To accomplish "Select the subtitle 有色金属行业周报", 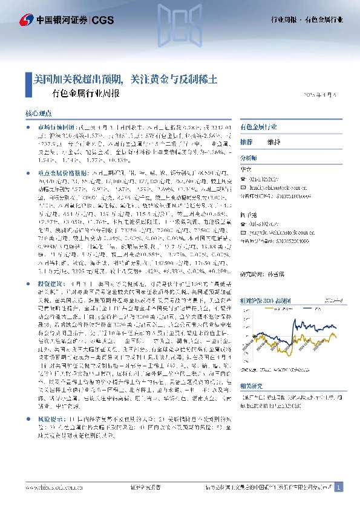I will point(86,94).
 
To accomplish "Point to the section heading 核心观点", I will point(39,114).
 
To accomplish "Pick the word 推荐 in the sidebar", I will point(246,142).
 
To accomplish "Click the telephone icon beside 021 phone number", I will point(244,179).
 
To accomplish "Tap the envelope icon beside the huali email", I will point(244,187).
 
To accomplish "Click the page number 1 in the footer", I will point(339,487).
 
